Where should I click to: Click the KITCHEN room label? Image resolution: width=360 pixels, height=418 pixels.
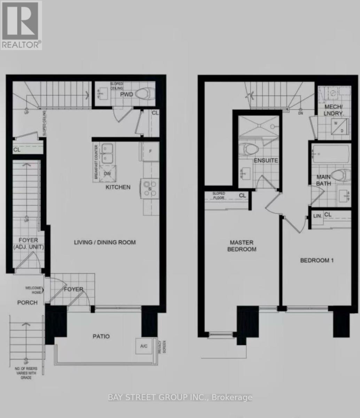[x=118, y=187]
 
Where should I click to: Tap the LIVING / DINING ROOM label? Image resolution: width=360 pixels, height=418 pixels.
[x=105, y=242]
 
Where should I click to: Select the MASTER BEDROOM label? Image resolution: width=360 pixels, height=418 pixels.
[x=242, y=246]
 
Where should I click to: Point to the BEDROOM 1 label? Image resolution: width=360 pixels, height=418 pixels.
[x=317, y=260]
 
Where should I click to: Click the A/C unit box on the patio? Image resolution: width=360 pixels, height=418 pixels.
[x=143, y=346]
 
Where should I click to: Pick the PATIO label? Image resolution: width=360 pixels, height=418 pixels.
[x=101, y=336]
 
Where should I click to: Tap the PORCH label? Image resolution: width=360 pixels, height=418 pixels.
[x=28, y=302]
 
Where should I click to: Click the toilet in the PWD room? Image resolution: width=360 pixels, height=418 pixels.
[x=145, y=94]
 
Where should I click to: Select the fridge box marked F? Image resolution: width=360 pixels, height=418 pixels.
[x=150, y=152]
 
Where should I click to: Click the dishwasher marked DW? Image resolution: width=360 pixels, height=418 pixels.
[x=108, y=173]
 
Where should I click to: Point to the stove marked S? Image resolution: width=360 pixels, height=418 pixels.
[x=150, y=188]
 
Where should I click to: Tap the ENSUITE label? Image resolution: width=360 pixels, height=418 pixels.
[x=266, y=161]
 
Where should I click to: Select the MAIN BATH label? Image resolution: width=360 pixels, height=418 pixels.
[x=323, y=180]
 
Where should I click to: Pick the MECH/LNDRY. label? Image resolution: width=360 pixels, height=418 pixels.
[x=334, y=110]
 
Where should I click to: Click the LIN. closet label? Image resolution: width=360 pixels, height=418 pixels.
[x=318, y=216]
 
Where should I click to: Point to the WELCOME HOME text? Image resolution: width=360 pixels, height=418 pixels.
[x=33, y=290]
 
